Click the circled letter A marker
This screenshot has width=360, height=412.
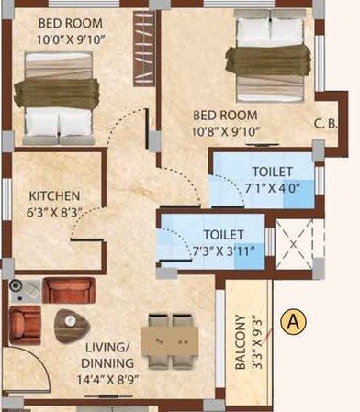click(294, 321)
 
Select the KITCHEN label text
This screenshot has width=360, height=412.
click(54, 196)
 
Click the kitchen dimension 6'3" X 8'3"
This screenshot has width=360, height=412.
click(54, 211)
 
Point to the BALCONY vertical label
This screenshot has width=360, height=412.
click(240, 342)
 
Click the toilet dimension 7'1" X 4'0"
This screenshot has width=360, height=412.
click(272, 188)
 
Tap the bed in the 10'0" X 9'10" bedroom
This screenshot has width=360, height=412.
click(60, 94)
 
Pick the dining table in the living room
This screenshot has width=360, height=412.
click(172, 340)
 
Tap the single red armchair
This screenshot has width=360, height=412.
click(24, 325)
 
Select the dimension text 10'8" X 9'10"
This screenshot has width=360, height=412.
click(227, 131)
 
